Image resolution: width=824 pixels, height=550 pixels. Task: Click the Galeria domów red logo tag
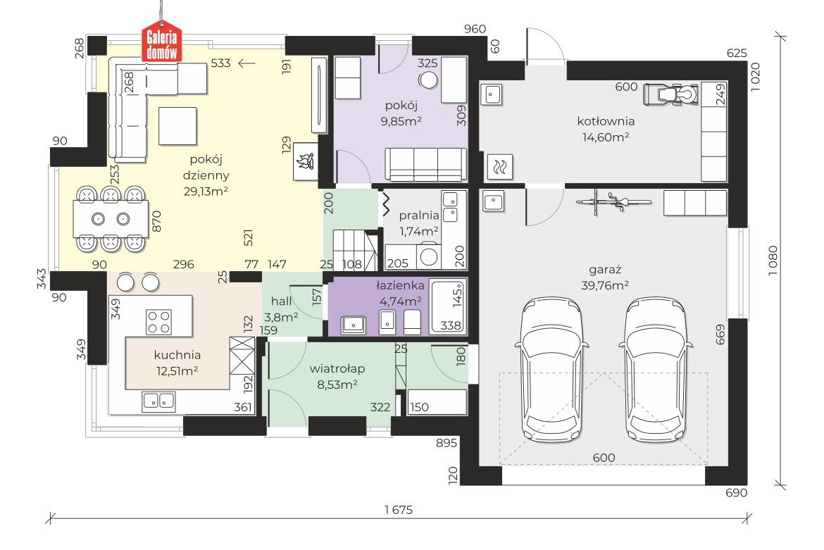[161, 42]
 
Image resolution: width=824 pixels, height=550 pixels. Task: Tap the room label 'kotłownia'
[606, 121]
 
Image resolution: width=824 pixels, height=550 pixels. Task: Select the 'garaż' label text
[605, 270]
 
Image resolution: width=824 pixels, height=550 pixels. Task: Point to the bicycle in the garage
[613, 201]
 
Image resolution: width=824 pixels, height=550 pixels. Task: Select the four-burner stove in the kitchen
[158, 322]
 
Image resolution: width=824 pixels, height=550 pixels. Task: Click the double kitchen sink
[158, 402]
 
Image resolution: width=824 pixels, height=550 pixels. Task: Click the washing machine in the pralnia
[429, 256]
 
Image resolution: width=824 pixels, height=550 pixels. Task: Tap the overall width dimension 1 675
[399, 510]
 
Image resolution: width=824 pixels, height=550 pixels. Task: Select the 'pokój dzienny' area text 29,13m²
[206, 192]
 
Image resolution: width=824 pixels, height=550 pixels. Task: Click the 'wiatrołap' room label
[337, 369]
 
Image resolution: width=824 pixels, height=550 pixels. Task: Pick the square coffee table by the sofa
[177, 126]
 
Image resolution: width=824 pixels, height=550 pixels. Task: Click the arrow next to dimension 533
[246, 63]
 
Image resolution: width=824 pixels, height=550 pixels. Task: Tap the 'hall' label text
[281, 301]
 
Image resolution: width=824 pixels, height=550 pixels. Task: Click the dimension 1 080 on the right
[772, 260]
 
